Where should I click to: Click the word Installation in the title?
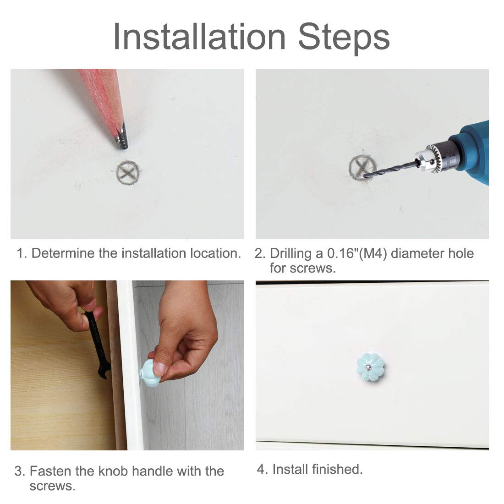tap(199, 37)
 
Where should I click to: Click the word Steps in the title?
tap(344, 38)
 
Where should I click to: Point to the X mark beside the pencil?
tap(128, 173)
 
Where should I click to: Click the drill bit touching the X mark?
tap(391, 170)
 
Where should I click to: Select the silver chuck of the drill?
tap(434, 159)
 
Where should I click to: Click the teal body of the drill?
tap(472, 151)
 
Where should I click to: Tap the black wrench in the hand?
tap(98, 344)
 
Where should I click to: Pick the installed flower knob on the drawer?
tap(370, 367)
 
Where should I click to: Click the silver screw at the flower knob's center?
tap(370, 367)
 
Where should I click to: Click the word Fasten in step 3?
tap(50, 471)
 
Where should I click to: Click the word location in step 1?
tap(215, 253)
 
